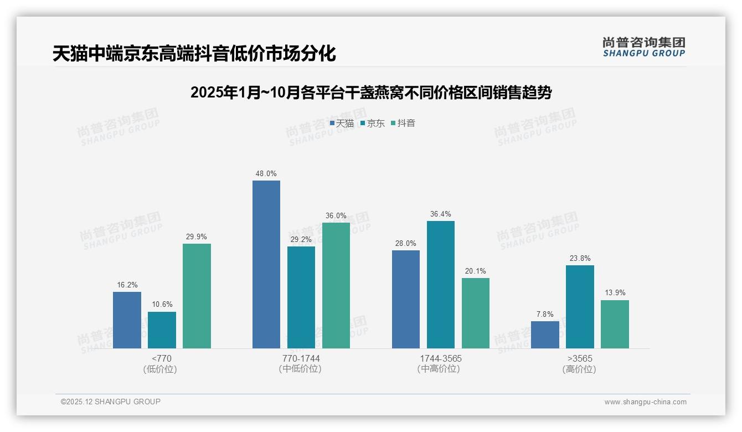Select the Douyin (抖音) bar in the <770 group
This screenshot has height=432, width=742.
(x=197, y=296)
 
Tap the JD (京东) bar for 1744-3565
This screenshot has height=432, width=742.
(x=440, y=285)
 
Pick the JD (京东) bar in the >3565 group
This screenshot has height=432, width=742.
(x=580, y=307)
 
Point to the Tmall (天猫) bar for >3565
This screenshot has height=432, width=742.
(x=545, y=335)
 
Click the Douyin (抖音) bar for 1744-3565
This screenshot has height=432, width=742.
(x=475, y=313)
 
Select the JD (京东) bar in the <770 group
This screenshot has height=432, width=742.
(x=162, y=330)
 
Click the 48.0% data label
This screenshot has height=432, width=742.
(x=266, y=173)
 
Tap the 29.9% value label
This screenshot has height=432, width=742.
(x=197, y=236)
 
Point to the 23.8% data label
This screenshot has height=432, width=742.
(x=580, y=258)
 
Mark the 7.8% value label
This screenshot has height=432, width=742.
(x=545, y=314)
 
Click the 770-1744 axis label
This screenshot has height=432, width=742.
(x=301, y=358)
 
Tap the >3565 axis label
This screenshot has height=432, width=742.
(x=579, y=358)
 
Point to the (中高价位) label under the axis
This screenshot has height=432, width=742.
(x=440, y=369)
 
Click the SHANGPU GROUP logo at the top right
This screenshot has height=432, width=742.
(x=643, y=47)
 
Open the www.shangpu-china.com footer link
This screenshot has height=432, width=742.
(x=645, y=402)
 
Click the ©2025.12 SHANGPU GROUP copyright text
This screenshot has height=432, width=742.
(x=111, y=402)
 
